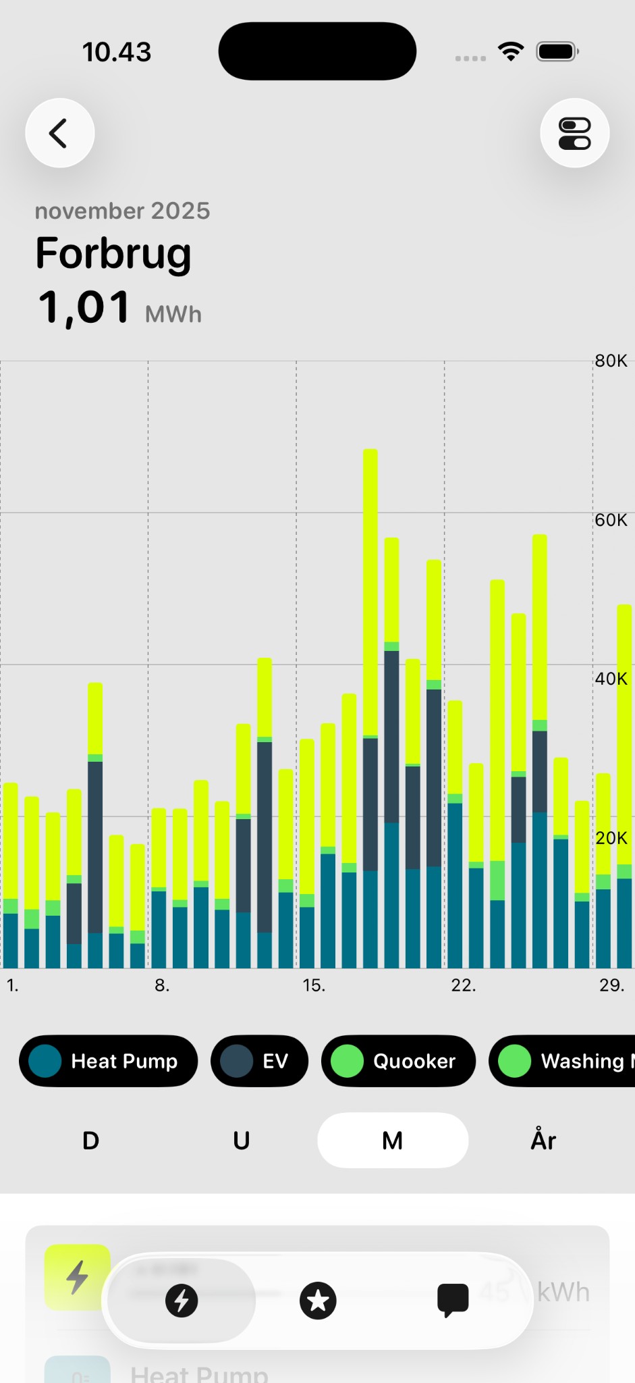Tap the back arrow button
59,133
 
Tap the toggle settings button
574,133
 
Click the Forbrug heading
113,253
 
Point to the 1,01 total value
84,307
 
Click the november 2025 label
122,211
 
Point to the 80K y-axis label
611,361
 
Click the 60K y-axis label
611,520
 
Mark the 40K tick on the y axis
611,679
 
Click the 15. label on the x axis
314,985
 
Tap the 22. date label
464,985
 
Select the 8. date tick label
162,985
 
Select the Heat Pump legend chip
109,1061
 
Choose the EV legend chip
259,1061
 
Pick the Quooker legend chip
398,1061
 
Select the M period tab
393,1141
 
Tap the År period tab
543,1141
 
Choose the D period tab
91,1141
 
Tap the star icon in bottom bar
318,1301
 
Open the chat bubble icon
453,1301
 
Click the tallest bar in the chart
370,709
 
